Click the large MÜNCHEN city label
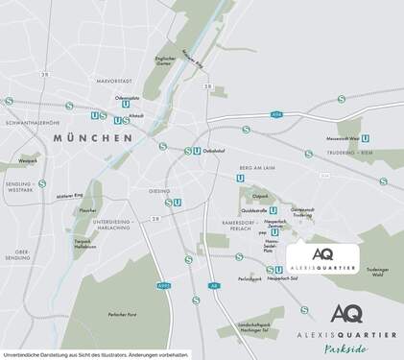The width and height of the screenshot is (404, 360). pyautogui.click(x=92, y=138)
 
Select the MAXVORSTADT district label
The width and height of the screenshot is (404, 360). pyautogui.click(x=113, y=80)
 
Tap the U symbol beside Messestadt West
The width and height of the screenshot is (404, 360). pyautogui.click(x=368, y=138)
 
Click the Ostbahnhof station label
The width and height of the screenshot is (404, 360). pyautogui.click(x=213, y=150)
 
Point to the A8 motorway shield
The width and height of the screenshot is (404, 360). pyautogui.click(x=216, y=285)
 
